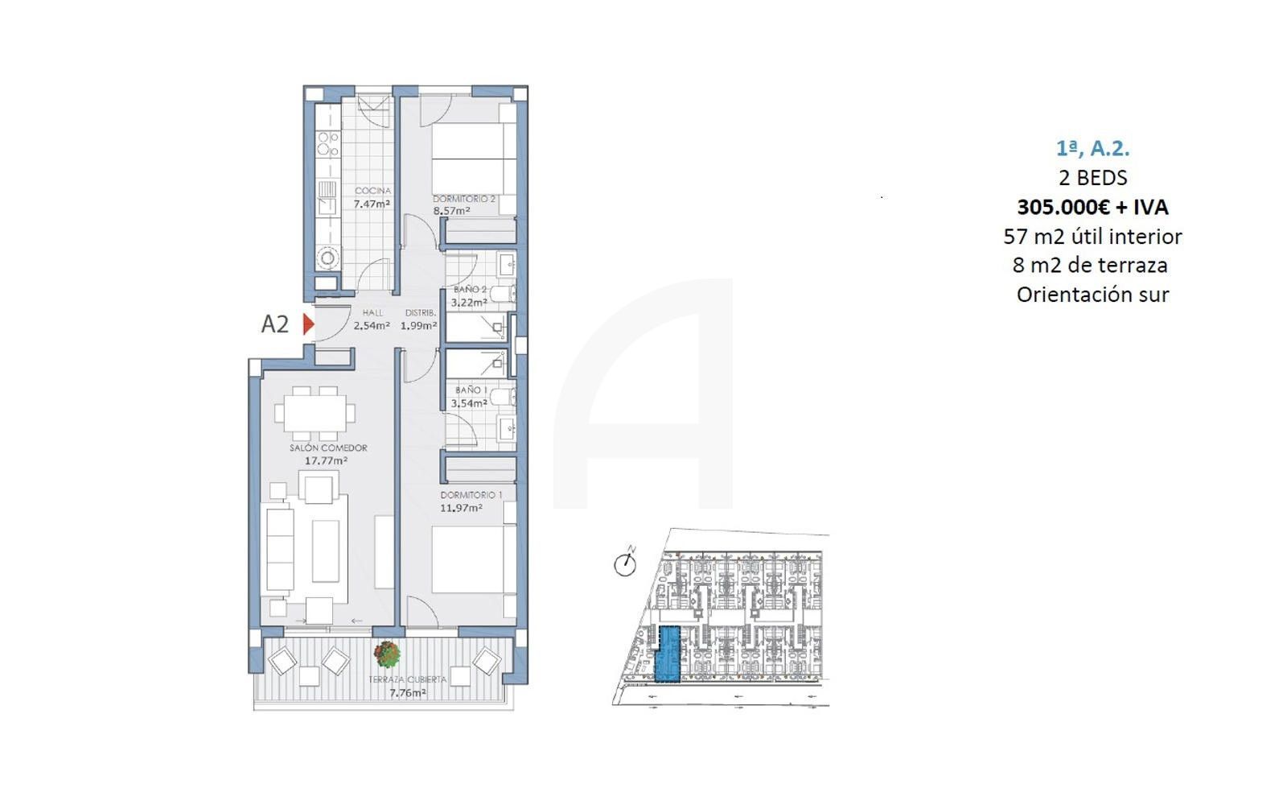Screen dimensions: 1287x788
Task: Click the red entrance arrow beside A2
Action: click(x=309, y=324)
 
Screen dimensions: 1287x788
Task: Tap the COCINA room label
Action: click(x=373, y=190)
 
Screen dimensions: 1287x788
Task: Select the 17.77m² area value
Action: click(x=326, y=460)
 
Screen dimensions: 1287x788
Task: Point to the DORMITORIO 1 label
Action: click(x=471, y=495)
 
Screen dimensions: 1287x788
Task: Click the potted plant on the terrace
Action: click(x=387, y=654)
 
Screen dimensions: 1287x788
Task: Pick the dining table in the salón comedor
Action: click(x=315, y=413)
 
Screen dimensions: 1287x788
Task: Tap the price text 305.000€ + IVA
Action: click(x=1093, y=207)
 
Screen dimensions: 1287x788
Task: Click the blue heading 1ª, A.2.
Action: click(x=1093, y=148)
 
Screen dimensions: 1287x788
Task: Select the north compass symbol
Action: click(x=625, y=562)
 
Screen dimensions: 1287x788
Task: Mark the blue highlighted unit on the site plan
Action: click(x=668, y=654)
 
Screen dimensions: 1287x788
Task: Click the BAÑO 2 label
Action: click(x=470, y=289)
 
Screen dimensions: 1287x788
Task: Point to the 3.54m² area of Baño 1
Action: click(x=469, y=403)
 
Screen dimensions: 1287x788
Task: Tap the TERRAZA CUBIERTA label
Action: click(x=407, y=679)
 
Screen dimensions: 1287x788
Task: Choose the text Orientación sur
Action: click(x=1093, y=295)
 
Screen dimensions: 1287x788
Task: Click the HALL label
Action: click(x=373, y=312)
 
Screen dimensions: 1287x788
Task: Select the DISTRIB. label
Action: click(x=421, y=312)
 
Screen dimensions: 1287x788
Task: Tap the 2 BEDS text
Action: click(x=1093, y=178)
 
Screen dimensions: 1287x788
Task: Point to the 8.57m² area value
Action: click(x=451, y=210)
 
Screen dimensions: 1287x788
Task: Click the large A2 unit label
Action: click(x=274, y=324)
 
